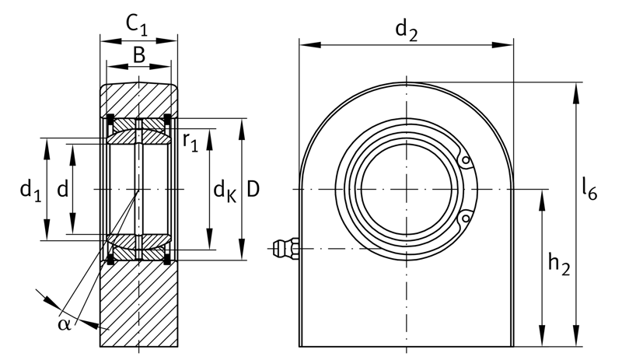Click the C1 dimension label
(x=137, y=26)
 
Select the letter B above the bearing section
(x=139, y=54)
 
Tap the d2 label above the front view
(x=407, y=31)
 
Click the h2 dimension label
(x=559, y=264)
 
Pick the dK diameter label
(x=225, y=191)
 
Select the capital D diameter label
(x=253, y=188)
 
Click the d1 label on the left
(x=30, y=190)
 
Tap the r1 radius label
(x=190, y=142)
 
